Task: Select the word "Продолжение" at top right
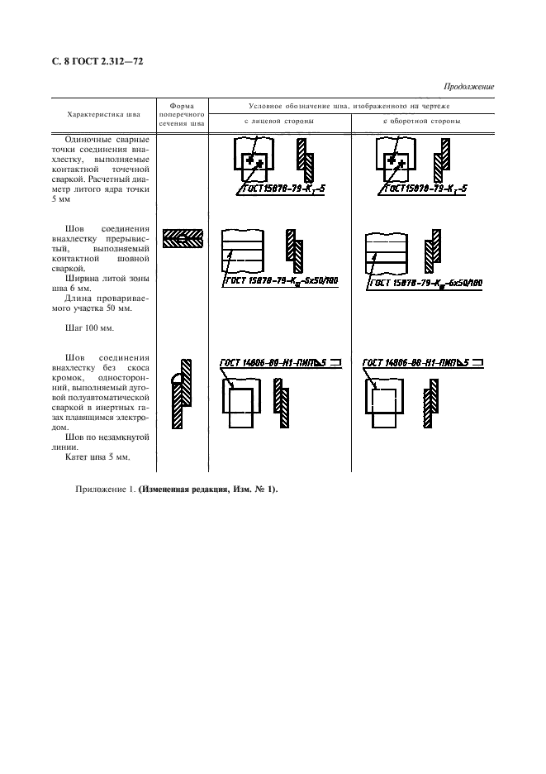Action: click(468, 87)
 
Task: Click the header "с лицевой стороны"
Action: click(279, 121)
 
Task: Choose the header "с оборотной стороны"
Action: click(422, 121)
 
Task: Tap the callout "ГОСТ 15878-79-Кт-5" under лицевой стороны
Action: click(279, 189)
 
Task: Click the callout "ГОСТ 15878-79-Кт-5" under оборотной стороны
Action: click(422, 189)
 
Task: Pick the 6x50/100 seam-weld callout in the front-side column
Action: click(273, 282)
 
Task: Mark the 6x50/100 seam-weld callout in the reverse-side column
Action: click(425, 282)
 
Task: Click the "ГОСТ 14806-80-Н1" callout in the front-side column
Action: click(281, 362)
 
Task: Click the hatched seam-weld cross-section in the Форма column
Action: click(182, 240)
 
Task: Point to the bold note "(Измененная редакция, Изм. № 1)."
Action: click(208, 489)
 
